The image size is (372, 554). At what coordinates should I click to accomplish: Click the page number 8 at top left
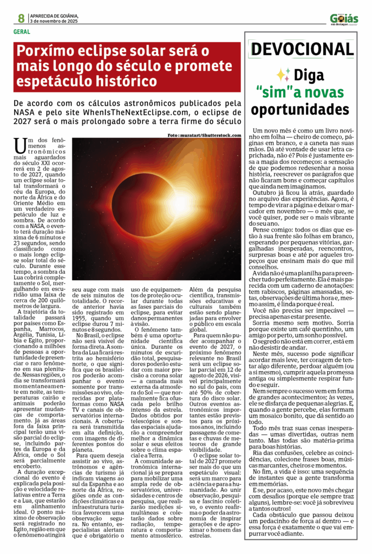(x=21, y=18)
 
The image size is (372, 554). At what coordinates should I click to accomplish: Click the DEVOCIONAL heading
(x=302, y=50)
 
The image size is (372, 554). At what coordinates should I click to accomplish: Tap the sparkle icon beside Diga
(x=283, y=75)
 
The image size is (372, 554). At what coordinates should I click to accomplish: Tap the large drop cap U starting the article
(x=20, y=147)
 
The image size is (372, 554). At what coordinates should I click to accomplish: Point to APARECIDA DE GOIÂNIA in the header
(x=54, y=16)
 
